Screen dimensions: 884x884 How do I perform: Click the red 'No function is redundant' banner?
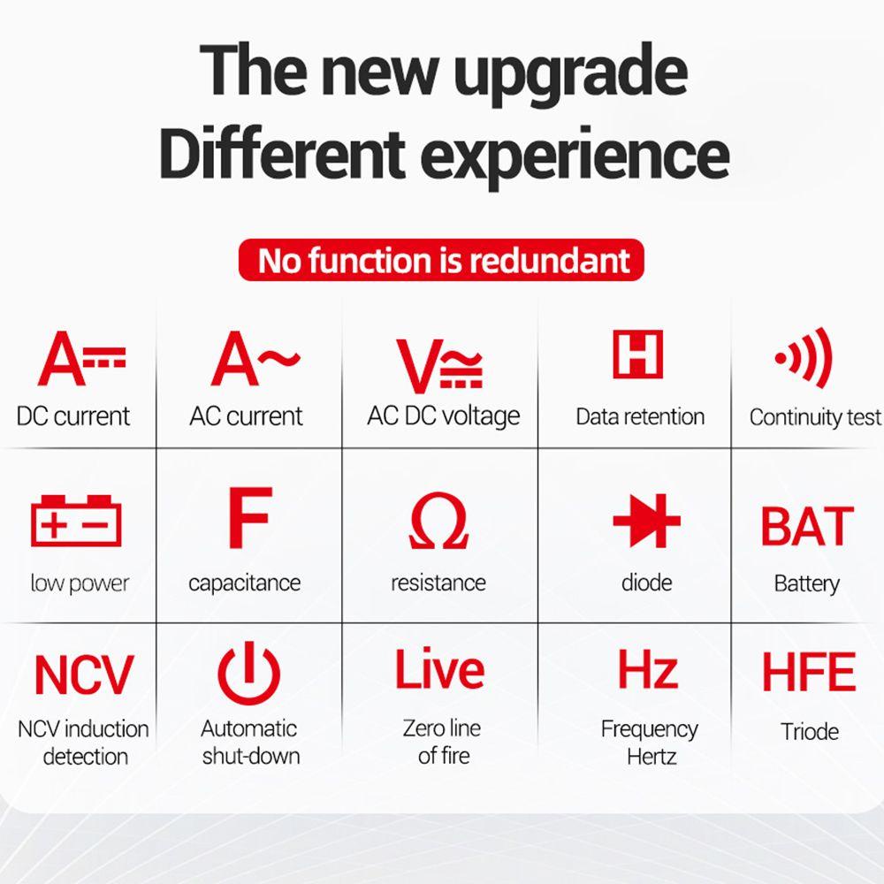(x=441, y=260)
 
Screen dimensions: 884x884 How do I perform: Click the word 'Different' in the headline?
(x=283, y=153)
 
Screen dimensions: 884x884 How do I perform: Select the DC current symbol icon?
(x=81, y=359)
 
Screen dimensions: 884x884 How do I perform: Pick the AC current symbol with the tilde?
(x=255, y=359)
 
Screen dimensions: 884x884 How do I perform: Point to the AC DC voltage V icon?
(x=439, y=365)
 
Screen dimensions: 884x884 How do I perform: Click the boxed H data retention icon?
(x=637, y=354)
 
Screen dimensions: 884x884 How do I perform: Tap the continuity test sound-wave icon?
(x=804, y=357)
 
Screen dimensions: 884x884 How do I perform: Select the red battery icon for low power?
(x=76, y=521)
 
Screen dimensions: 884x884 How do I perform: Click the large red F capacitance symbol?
(x=250, y=517)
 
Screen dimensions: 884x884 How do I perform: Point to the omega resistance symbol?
(x=438, y=521)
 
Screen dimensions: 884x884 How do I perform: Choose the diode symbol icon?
(x=647, y=521)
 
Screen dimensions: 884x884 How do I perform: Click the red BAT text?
(x=807, y=526)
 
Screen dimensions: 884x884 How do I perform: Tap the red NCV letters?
(x=84, y=674)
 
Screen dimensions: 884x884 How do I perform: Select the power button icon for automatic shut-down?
(x=248, y=673)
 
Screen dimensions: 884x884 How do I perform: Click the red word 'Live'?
(x=439, y=669)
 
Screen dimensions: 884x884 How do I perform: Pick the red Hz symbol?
(x=648, y=669)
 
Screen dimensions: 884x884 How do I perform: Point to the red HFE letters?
(x=809, y=672)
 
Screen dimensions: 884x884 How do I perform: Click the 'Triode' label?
(x=810, y=732)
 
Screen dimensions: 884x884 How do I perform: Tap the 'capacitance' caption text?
(x=245, y=583)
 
